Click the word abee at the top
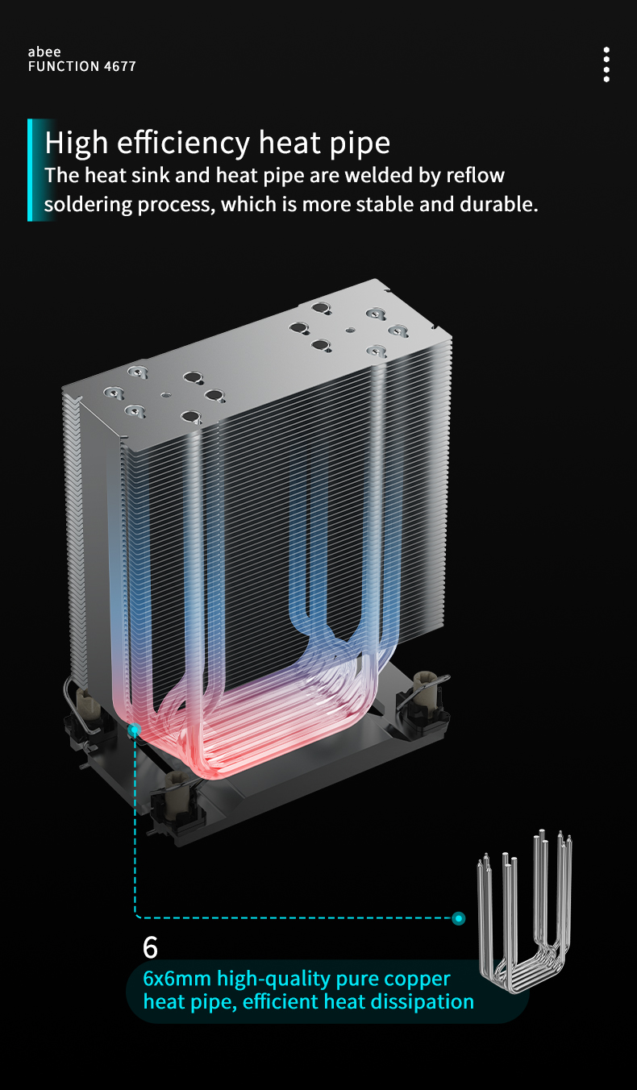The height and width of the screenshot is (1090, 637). (44, 52)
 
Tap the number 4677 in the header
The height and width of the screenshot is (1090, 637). (119, 66)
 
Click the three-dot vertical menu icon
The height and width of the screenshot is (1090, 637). (606, 64)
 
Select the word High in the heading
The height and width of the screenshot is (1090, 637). (77, 144)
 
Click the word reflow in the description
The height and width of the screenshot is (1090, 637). (476, 175)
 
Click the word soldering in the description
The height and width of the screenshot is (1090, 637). (88, 206)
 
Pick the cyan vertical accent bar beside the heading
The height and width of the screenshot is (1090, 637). (30, 170)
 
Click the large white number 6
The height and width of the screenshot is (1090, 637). (150, 947)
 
